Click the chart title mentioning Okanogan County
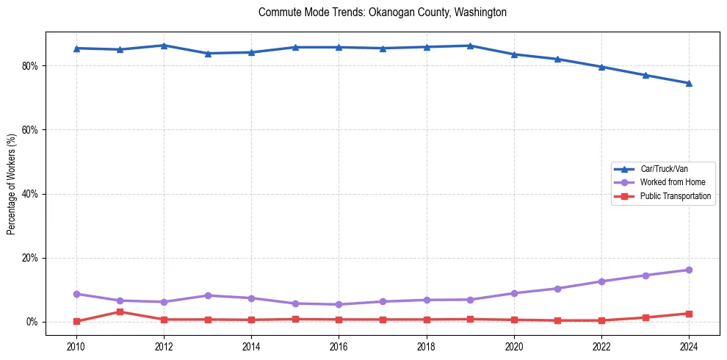pyautogui.click(x=383, y=12)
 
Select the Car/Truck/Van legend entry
pyautogui.click(x=664, y=169)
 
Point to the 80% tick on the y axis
pyautogui.click(x=31, y=66)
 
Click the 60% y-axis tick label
pyautogui.click(x=31, y=130)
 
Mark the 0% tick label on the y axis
pyautogui.click(x=33, y=322)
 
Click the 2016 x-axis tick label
pyautogui.click(x=339, y=345)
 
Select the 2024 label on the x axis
pyautogui.click(x=689, y=345)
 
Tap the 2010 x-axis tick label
pyautogui.click(x=76, y=345)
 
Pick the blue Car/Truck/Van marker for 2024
pyautogui.click(x=689, y=83)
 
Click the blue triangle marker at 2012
pyautogui.click(x=164, y=46)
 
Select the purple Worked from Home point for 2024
pyautogui.click(x=689, y=270)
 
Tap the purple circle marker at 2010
pyautogui.click(x=76, y=294)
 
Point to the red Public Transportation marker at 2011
pyautogui.click(x=120, y=312)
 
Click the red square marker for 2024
pyautogui.click(x=689, y=314)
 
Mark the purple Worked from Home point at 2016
pyautogui.click(x=339, y=304)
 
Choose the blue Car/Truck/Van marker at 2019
pyautogui.click(x=470, y=46)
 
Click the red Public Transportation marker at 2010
pyautogui.click(x=76, y=321)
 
